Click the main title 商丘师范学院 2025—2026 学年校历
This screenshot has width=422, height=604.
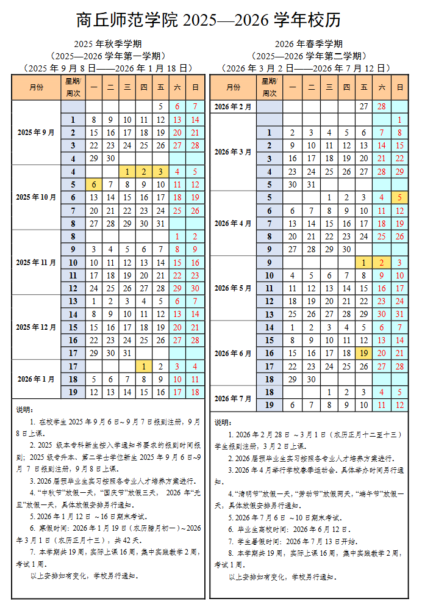pyautogui.click(x=209, y=20)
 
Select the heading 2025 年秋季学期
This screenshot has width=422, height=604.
pyautogui.click(x=108, y=44)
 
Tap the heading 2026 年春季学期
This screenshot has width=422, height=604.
pyautogui.click(x=309, y=44)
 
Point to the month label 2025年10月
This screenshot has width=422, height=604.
pyautogui.click(x=36, y=197)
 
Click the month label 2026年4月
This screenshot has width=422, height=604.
pyautogui.click(x=233, y=224)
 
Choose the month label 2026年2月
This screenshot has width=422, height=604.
pyautogui.click(x=233, y=107)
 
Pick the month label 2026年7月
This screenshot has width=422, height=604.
pyautogui.click(x=233, y=398)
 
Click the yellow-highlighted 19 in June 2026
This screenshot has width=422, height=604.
pyautogui.click(x=364, y=354)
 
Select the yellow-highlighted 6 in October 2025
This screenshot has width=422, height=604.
pyautogui.click(x=94, y=184)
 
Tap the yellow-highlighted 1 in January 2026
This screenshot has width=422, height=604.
pyautogui.click(x=143, y=366)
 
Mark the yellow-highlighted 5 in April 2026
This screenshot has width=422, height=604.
pyautogui.click(x=399, y=197)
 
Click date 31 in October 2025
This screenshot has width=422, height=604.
pyautogui.click(x=160, y=224)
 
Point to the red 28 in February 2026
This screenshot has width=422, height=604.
pyautogui.click(x=382, y=107)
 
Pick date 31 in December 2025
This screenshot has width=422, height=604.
pyautogui.click(x=127, y=354)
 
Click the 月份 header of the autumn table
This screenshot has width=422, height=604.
pyautogui.click(x=36, y=87)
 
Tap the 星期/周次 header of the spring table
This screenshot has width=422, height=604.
pyautogui.click(x=269, y=87)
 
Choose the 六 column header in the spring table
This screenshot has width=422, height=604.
pyautogui.click(x=382, y=87)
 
